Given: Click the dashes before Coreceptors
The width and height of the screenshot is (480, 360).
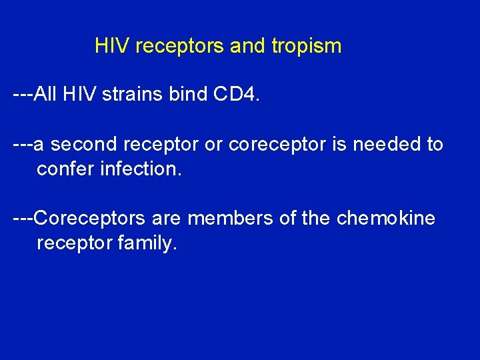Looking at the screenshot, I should [22, 219].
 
